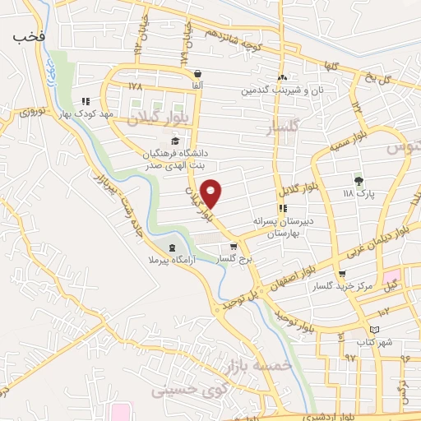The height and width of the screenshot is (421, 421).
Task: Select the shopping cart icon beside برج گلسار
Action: [234, 246]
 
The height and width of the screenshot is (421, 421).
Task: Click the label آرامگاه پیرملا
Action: [169, 261]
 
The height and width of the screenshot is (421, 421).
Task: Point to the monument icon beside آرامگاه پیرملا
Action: [171, 248]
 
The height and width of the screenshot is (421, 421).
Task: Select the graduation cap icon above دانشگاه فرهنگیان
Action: [174, 141]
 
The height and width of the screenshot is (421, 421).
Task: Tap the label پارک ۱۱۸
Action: [358, 192]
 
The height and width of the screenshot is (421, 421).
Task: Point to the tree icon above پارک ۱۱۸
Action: [358, 180]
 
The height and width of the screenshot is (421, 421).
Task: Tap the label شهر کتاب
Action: [374, 341]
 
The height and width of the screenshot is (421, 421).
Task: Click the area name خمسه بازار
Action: [279, 359]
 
